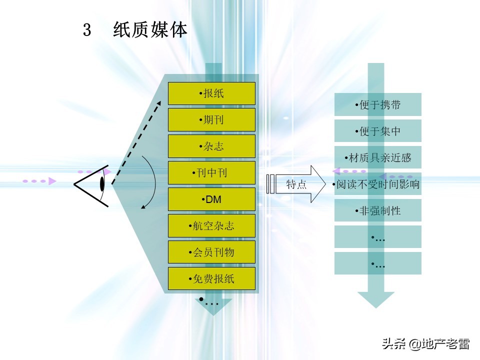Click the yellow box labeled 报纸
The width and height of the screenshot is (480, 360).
211,93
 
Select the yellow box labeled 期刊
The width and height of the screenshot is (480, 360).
211,120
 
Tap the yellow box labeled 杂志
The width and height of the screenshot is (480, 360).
211,146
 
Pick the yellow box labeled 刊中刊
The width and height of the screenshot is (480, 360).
211,173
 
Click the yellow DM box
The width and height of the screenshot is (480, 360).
211,199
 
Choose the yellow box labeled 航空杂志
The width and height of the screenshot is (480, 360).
211,226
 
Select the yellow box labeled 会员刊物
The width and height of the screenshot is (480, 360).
211,252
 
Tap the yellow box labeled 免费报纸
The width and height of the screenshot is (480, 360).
211,279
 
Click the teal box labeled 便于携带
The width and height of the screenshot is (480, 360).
378,105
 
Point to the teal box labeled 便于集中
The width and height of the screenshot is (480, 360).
378,131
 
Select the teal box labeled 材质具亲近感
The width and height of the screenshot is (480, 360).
378,158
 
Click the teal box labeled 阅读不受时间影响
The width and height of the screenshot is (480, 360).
378,184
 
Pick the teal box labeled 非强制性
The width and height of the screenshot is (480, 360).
378,211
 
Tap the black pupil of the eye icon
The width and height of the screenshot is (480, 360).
102,184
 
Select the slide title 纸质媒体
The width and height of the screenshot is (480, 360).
150,30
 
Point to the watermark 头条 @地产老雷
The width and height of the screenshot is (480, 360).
425,344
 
